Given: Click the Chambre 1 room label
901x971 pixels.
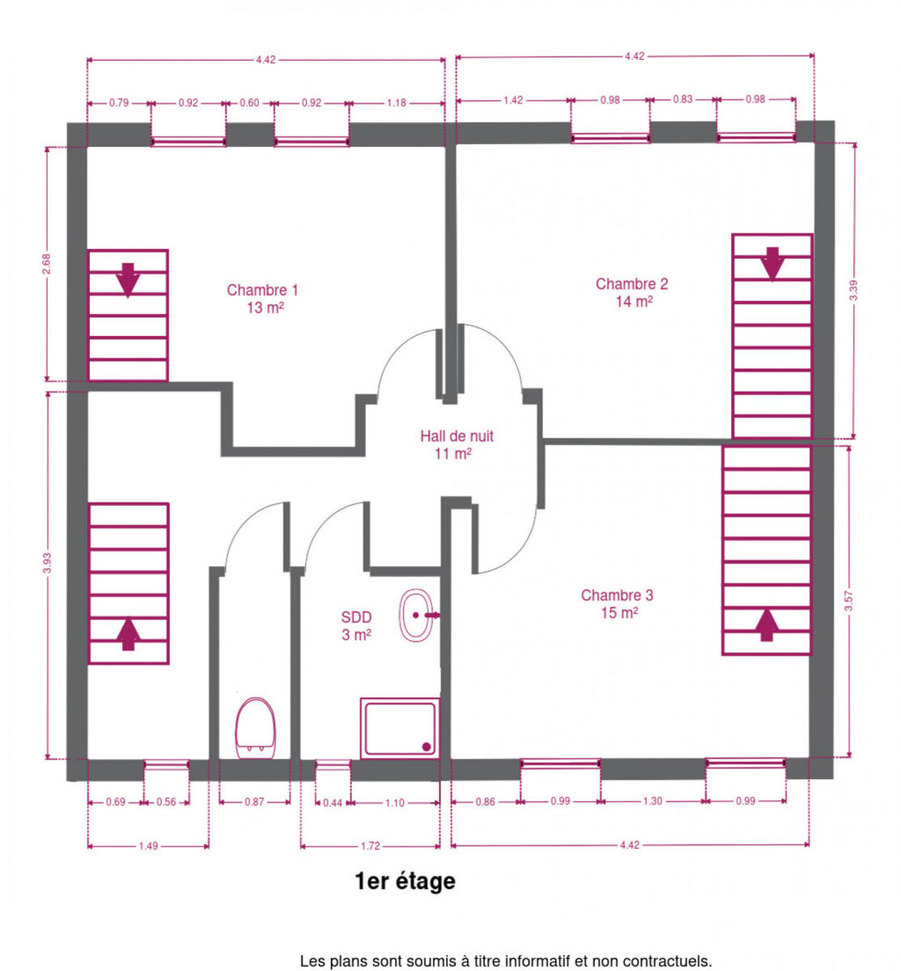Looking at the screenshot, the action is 262,299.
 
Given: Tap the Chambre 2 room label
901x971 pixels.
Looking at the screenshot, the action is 631,292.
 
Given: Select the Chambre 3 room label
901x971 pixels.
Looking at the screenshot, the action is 617,604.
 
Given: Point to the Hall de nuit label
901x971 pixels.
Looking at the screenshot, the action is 457,444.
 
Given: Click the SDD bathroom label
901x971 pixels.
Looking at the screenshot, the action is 356,625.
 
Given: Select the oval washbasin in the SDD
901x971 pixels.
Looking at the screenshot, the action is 416,615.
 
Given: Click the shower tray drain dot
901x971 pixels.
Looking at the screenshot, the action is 426,747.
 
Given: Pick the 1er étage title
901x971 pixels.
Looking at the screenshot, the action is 405,881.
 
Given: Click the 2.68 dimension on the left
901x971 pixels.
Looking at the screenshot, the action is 46,264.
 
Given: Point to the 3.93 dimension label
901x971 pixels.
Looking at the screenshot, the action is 46,562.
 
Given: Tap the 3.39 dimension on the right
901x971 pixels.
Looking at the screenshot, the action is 853,290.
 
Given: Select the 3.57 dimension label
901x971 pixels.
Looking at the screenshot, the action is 848,601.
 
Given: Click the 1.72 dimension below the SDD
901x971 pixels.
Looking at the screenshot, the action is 370,846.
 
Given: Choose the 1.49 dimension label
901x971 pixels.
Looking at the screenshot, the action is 148,846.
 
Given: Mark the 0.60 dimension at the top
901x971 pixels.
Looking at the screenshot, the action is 249,103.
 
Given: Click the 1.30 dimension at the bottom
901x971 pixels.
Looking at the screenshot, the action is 652,801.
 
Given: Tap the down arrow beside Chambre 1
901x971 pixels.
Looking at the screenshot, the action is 128,280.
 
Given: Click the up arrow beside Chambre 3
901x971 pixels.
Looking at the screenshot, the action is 767,625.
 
